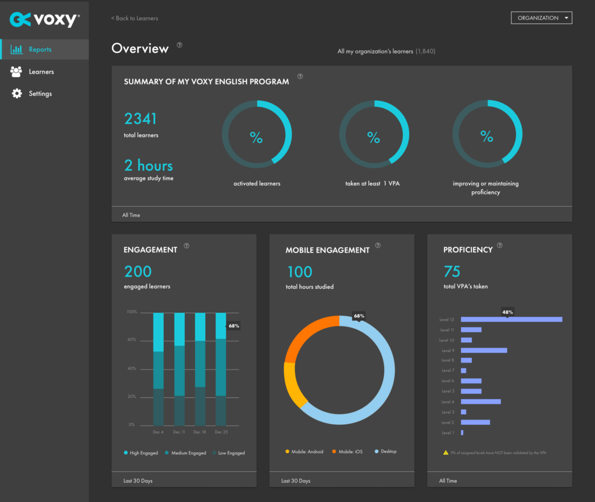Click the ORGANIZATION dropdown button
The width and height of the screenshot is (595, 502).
[541, 18]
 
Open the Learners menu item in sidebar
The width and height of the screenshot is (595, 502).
[41, 71]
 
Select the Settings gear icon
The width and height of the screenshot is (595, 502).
[16, 94]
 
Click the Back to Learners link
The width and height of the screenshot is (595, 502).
[135, 18]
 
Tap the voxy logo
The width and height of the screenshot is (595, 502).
[45, 19]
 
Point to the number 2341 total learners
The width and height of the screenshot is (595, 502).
[141, 119]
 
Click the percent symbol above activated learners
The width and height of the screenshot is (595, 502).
[256, 138]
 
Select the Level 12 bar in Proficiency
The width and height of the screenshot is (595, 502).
[511, 319]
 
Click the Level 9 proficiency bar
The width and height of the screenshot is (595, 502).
[483, 350]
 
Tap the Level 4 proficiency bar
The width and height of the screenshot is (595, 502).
[481, 401]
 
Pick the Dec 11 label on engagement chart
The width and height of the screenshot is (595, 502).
[179, 432]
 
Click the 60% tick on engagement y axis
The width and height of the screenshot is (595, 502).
[131, 340]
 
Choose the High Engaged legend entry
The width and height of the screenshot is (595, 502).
[141, 453]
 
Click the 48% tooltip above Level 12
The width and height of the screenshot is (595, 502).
[507, 312]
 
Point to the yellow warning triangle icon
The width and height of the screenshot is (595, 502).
[446, 452]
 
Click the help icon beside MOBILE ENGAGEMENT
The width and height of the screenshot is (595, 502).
[378, 246]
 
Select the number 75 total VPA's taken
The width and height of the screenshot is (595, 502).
[452, 271]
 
